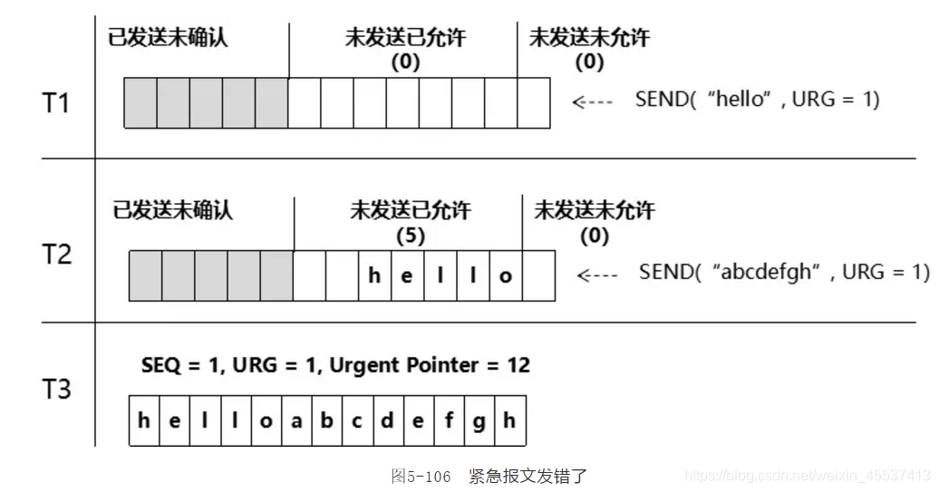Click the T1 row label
(x=56, y=103)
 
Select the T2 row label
(x=56, y=254)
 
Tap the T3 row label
(x=56, y=390)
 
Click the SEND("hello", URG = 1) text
(x=757, y=100)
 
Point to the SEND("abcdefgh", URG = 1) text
(x=784, y=272)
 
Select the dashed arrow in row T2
(x=597, y=274)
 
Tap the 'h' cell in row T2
(x=374, y=276)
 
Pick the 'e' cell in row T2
(x=407, y=276)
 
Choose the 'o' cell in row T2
(x=506, y=276)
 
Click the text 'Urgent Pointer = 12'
(x=430, y=365)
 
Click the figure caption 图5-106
(x=421, y=477)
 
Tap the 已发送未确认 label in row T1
(x=168, y=38)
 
